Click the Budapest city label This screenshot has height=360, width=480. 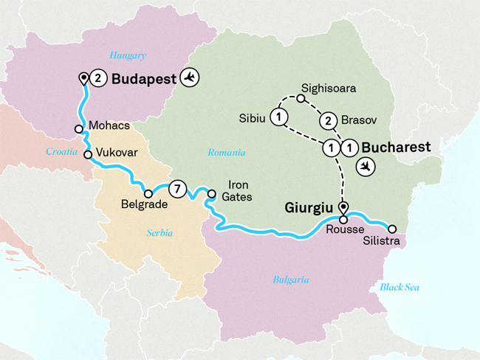coord(144,78)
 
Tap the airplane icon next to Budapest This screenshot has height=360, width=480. coord(191,77)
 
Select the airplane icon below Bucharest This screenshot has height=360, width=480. coord(365,167)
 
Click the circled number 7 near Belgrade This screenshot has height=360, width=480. coord(177,188)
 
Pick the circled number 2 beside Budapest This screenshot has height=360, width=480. coord(100,78)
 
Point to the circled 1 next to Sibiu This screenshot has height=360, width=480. coord(278,117)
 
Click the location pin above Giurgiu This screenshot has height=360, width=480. coord(343,207)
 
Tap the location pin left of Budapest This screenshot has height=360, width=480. coord(84,78)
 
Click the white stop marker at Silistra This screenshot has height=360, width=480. coord(393,229)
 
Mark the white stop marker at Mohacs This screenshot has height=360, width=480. coord(78,128)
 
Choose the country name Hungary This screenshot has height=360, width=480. coord(128,55)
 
